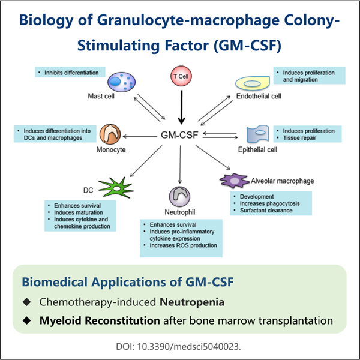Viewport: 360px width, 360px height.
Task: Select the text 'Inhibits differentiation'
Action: [72, 73]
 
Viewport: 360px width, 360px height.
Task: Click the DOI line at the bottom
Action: [179, 346]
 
